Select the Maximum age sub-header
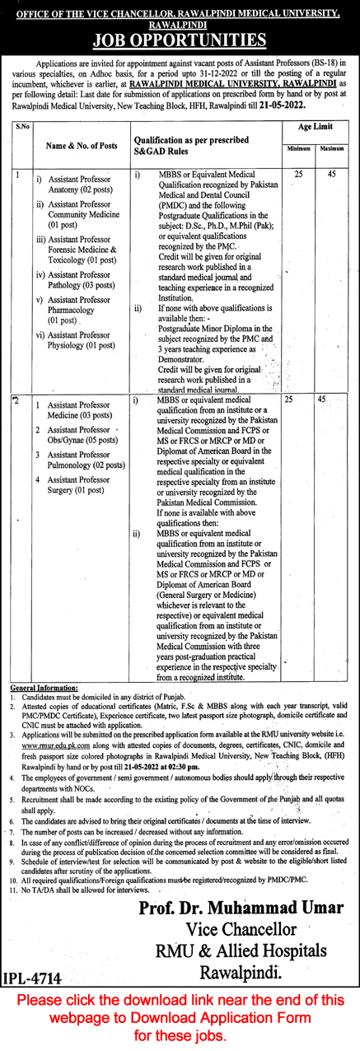tap(332, 147)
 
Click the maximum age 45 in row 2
tap(322, 399)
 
